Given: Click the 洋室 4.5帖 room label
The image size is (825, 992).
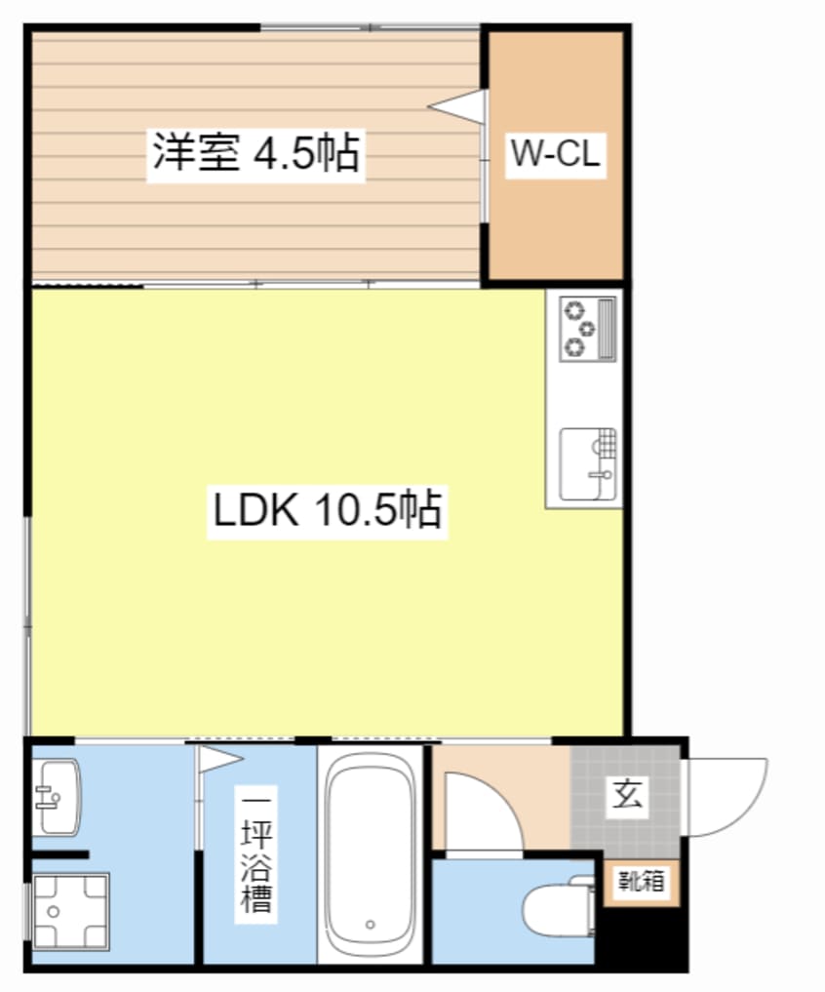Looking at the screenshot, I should (x=255, y=153).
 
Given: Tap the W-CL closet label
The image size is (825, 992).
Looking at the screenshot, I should (x=555, y=154).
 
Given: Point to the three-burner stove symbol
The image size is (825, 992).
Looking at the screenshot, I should (x=586, y=327).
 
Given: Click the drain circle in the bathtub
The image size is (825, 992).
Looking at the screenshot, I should (x=370, y=923).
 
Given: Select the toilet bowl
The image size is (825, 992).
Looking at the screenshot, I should (x=552, y=911).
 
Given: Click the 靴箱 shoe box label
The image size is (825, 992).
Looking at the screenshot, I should (x=641, y=882).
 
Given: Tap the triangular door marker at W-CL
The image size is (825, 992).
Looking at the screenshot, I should (x=457, y=106).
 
